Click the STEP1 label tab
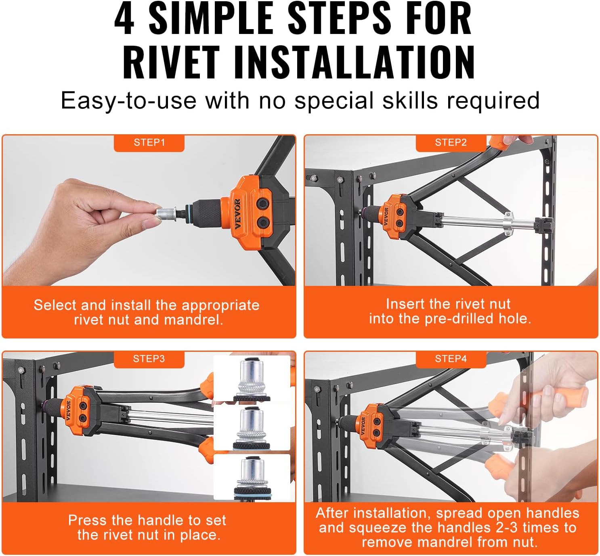tap(149, 143)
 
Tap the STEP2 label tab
tap(451, 143)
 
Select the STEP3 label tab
tap(149, 359)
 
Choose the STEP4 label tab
tap(451, 359)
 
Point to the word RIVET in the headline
tap(171, 63)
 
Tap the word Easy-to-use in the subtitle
tap(129, 101)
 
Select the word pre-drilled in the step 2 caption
tap(459, 319)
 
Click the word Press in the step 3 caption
tap(87, 520)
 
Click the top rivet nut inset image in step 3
tap(252, 378)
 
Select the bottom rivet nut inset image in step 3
tap(252, 477)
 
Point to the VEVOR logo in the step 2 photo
tap(386, 216)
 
